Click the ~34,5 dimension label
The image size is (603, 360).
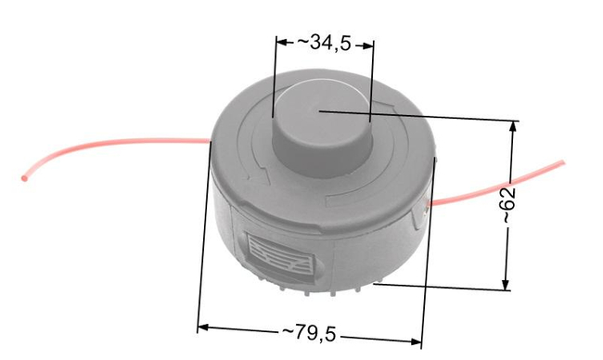click(x=324, y=43)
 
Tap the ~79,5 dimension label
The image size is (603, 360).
click(x=309, y=333)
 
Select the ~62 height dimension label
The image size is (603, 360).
click(x=508, y=205)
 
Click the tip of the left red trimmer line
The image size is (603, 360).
click(x=24, y=178)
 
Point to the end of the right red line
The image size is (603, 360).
click(x=562, y=163)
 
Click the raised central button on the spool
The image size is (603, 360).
click(x=322, y=127)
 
